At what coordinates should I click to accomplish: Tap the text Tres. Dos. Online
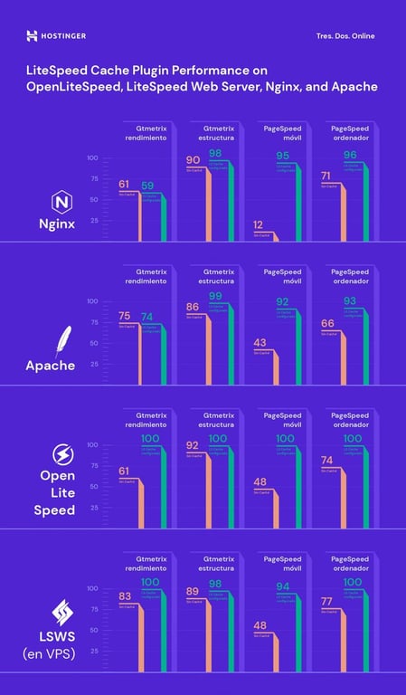pyautogui.click(x=345, y=36)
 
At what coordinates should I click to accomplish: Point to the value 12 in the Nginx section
pyautogui.click(x=260, y=224)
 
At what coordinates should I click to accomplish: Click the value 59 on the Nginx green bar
pyautogui.click(x=147, y=186)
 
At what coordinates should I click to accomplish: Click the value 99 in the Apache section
pyautogui.click(x=214, y=296)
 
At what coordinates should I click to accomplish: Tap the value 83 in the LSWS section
pyautogui.click(x=125, y=595)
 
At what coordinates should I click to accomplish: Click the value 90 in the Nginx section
pyautogui.click(x=193, y=160)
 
